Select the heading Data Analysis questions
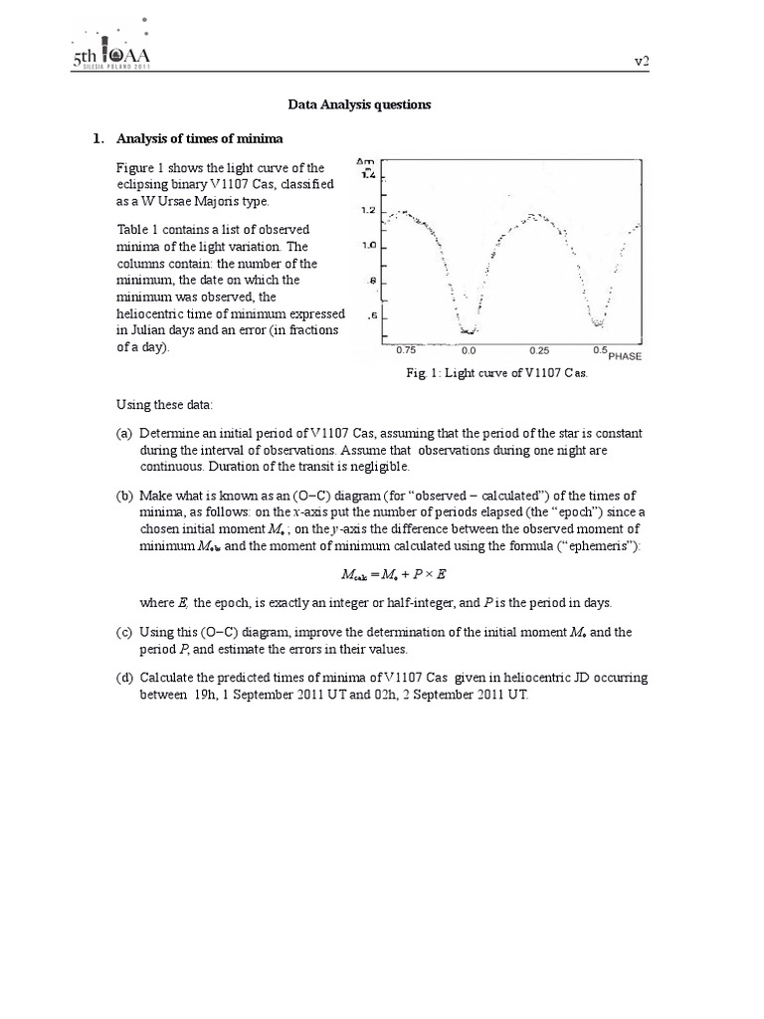(x=359, y=104)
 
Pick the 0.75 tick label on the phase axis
(x=406, y=350)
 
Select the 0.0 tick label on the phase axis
(x=469, y=350)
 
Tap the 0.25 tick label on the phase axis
(x=538, y=350)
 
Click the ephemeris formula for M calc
(x=384, y=575)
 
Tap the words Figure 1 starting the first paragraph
(x=140, y=167)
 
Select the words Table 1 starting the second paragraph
(x=138, y=229)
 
